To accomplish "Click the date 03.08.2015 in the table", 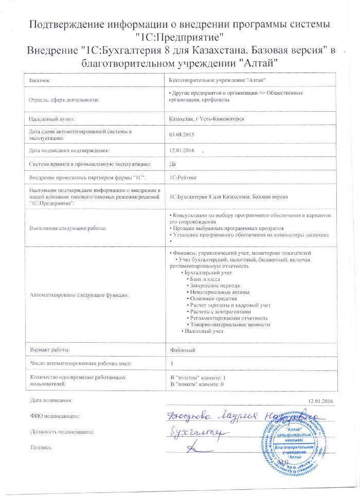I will tap(179, 135).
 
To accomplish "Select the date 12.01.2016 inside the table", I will tap(179, 150).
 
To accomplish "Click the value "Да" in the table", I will tap(172, 164).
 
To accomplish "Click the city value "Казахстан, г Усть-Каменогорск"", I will tap(207, 119).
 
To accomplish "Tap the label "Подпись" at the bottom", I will tap(42, 448).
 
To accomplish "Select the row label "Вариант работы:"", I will tap(49, 350).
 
